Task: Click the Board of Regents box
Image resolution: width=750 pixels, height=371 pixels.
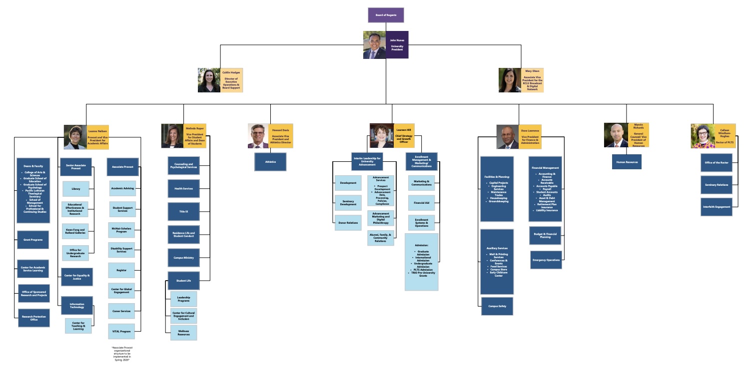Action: [386, 15]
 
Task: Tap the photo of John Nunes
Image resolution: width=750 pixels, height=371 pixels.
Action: [374, 45]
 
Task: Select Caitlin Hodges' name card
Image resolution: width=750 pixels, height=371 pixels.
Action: [231, 80]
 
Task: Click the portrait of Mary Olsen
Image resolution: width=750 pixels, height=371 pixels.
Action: [510, 80]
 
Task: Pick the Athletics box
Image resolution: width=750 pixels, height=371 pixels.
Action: [270, 162]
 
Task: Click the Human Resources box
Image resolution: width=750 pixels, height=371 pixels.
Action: [627, 162]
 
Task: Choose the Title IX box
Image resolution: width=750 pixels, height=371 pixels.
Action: [183, 211]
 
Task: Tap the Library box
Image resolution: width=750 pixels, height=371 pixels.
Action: [75, 189]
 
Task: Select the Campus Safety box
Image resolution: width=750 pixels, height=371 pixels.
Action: [497, 306]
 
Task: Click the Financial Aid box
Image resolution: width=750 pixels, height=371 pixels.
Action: [421, 203]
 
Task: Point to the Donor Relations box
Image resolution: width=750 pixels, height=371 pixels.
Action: [348, 223]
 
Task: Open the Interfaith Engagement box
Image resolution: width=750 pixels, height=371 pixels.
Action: [716, 207]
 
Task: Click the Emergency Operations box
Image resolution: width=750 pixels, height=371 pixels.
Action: [545, 260]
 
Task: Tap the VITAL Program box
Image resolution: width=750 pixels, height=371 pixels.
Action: [121, 332]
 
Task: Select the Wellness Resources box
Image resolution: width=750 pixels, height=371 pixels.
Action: [183, 333]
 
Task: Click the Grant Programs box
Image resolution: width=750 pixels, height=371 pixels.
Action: [33, 240]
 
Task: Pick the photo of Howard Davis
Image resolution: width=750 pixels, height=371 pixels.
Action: [258, 136]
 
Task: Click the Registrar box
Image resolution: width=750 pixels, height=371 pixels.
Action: [121, 270]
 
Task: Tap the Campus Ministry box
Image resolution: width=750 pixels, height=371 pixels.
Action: [183, 258]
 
